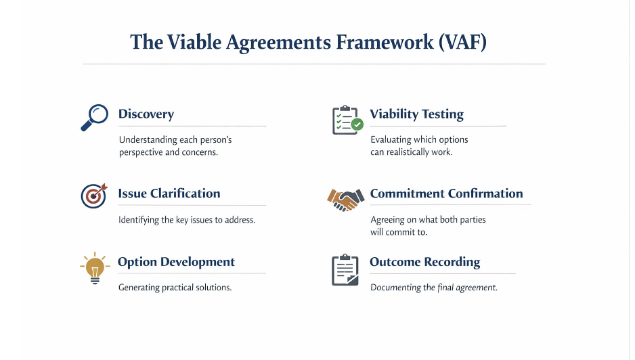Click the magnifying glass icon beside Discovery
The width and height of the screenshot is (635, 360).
94,117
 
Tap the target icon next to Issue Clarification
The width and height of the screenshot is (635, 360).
93,196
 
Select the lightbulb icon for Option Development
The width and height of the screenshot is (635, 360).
94,269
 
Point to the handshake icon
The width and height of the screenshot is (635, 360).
343,198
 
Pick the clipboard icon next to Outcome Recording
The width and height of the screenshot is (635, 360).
345,269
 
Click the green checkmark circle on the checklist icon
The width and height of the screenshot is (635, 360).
357,125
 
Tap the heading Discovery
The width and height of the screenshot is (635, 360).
146,114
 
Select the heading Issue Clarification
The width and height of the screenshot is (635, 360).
169,194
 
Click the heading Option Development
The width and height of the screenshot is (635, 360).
176,262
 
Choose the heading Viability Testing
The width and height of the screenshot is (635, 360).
416,114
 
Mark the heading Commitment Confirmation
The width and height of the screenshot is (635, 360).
446,194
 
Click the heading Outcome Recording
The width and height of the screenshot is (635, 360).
424,262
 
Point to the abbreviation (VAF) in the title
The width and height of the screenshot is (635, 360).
462,42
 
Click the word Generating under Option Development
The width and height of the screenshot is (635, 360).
139,288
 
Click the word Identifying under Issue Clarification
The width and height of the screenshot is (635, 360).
139,220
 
